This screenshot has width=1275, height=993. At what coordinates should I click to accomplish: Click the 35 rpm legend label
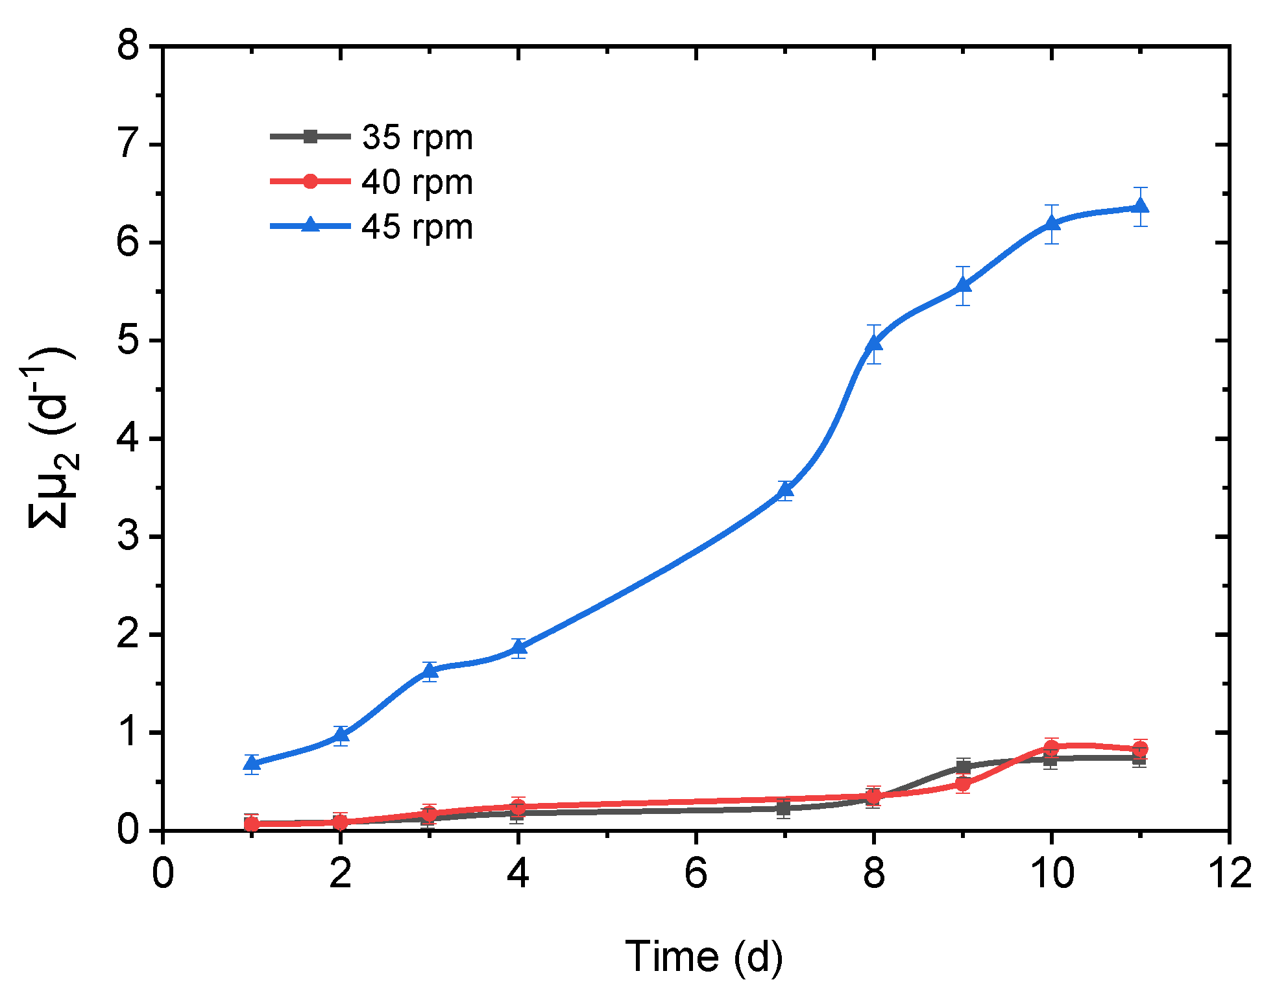tap(417, 138)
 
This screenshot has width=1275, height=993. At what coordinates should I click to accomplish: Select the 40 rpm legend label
tap(417, 182)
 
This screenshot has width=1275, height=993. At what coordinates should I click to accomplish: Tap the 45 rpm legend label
tap(417, 227)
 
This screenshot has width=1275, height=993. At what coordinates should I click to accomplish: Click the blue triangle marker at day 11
tap(1140, 206)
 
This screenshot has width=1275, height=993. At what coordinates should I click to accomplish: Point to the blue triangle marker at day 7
tap(785, 490)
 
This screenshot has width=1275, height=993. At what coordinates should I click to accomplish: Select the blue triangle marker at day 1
tap(252, 763)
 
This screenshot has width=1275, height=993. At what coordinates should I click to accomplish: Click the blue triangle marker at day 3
tap(430, 671)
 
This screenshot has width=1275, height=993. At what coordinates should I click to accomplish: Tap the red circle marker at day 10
tap(1051, 747)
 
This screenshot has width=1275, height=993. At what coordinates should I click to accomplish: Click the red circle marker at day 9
tap(963, 784)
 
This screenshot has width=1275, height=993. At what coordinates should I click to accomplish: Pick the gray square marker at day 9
tap(963, 767)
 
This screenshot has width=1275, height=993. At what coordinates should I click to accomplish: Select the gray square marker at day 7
tap(784, 808)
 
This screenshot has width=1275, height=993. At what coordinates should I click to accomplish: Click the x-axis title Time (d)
tap(703, 957)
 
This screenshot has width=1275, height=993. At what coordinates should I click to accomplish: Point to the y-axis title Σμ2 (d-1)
tap(53, 438)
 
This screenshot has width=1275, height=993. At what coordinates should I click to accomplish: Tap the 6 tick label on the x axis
tap(696, 873)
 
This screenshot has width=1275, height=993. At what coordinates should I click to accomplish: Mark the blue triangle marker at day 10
tap(1052, 223)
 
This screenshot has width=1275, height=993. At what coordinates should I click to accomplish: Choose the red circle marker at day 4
tap(518, 806)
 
